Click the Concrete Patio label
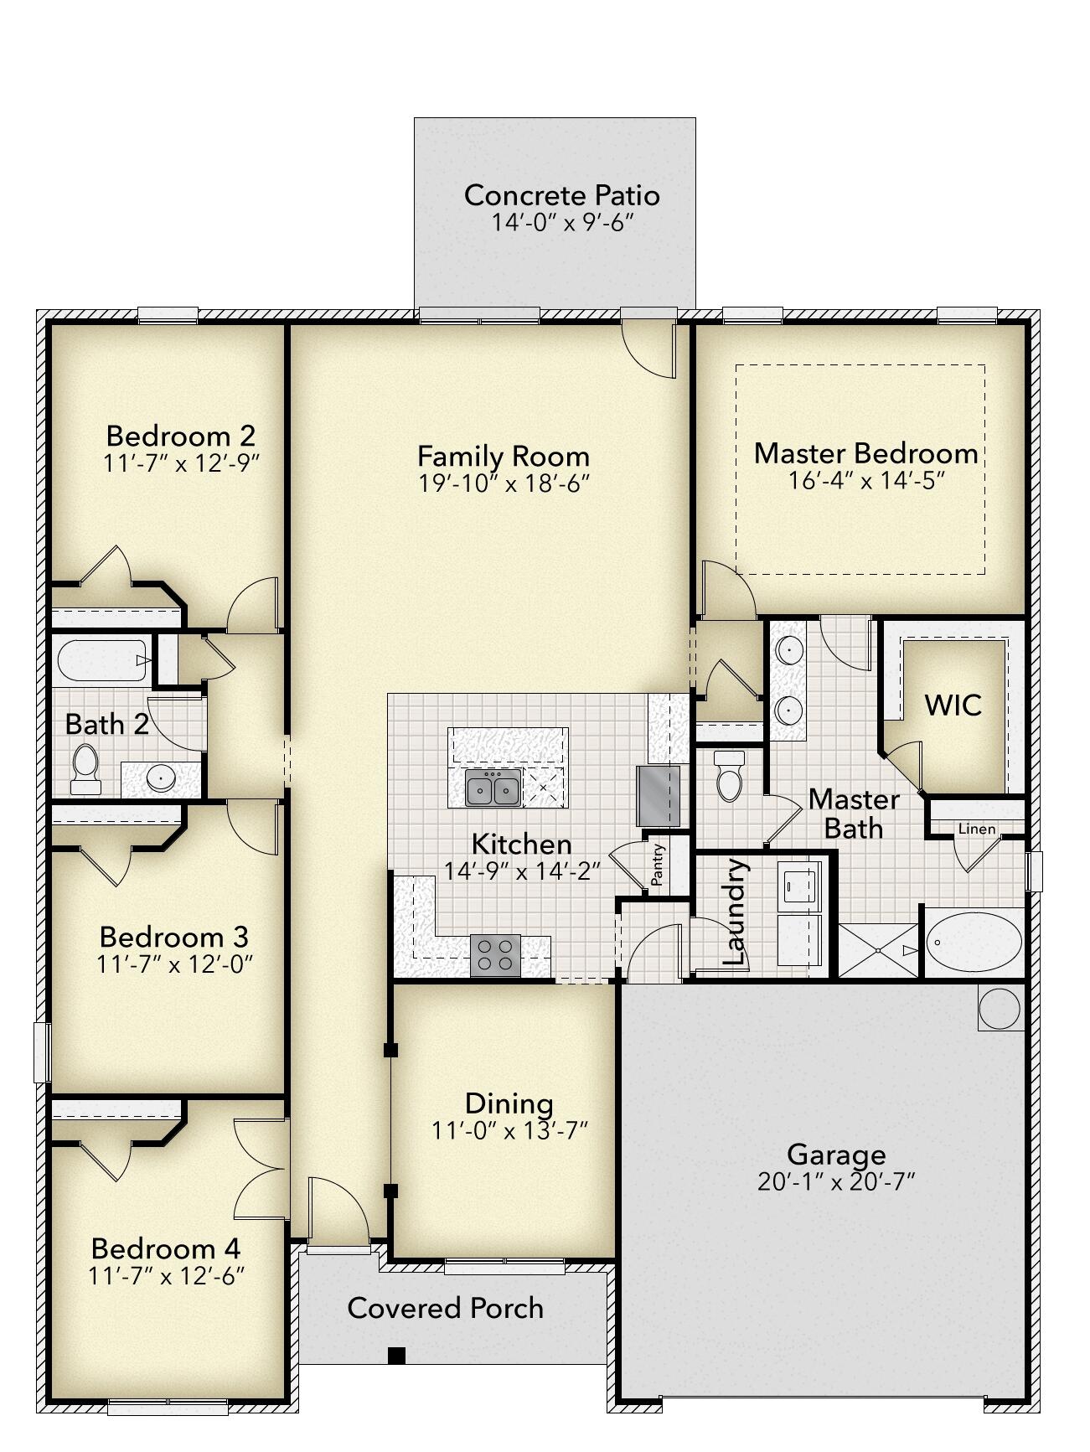561,195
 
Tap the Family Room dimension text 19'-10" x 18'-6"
504,483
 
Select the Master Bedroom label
865,453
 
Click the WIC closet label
953,705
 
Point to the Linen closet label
976,829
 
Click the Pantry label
658,865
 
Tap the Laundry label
734,912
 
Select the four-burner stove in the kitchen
494,954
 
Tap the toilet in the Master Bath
730,775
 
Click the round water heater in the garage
1000,1008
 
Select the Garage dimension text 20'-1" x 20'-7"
835,1182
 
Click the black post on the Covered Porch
396,1355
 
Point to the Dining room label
509,1103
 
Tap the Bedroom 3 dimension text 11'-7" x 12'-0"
174,964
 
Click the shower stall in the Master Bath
878,950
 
